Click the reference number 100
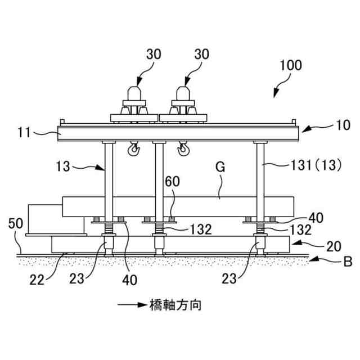[x=290, y=65]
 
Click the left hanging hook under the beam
[x=133, y=149]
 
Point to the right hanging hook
[x=183, y=149]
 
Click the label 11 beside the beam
[x=24, y=133]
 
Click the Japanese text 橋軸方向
[x=176, y=305]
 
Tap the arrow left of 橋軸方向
[x=131, y=306]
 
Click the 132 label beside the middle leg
[x=200, y=229]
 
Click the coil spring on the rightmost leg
[x=260, y=229]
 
